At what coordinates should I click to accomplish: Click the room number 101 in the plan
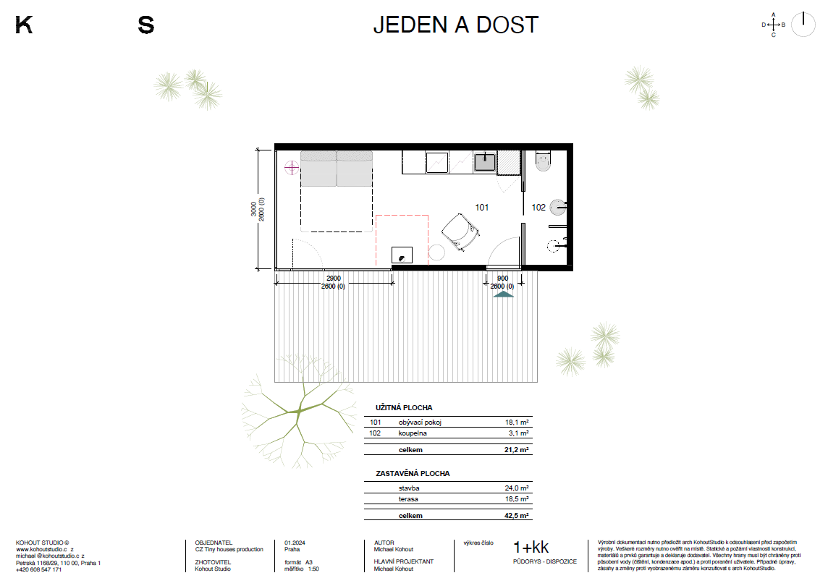(481, 208)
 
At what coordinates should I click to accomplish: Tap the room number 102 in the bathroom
(538, 208)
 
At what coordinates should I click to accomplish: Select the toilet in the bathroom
(543, 161)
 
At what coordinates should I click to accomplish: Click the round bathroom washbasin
(557, 208)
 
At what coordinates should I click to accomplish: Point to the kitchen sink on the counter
(485, 161)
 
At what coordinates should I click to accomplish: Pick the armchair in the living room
(460, 232)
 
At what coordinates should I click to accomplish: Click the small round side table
(436, 252)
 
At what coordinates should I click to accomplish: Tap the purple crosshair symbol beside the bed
(292, 168)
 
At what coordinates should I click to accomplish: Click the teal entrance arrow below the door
(503, 294)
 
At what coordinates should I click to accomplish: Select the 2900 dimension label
(333, 279)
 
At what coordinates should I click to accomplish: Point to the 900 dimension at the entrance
(503, 279)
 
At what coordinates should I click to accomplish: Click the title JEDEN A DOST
(456, 25)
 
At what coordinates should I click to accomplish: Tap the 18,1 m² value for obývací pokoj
(517, 422)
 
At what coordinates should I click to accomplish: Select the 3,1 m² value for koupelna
(518, 433)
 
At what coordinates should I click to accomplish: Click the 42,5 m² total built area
(517, 516)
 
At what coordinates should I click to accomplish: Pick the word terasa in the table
(408, 499)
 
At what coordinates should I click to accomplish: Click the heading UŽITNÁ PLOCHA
(404, 407)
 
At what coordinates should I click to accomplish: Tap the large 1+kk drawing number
(531, 548)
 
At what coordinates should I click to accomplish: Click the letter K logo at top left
(24, 25)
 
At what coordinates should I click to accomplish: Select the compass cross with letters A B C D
(774, 25)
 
